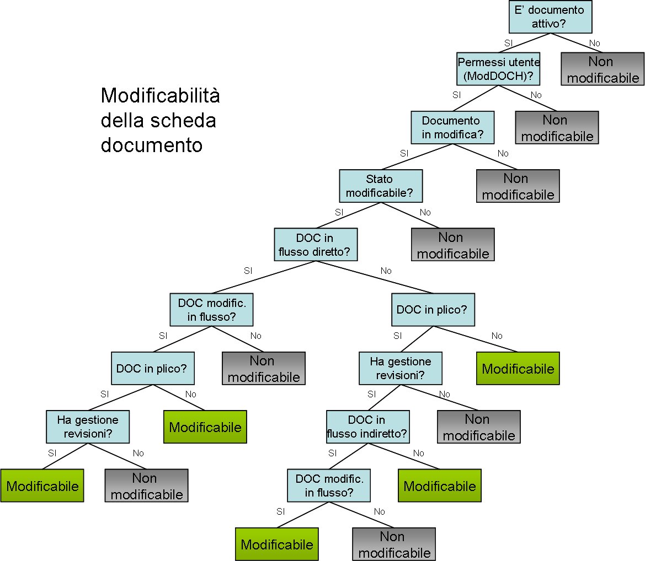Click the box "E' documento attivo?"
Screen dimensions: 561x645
pyautogui.click(x=550, y=17)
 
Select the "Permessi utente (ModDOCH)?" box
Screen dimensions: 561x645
pyautogui.click(x=498, y=69)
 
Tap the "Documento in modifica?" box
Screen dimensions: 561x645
pyautogui.click(x=452, y=127)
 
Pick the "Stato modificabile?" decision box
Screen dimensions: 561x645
pyautogui.click(x=380, y=186)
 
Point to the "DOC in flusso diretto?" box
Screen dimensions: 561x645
pyautogui.click(x=316, y=245)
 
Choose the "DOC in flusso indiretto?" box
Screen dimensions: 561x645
pyautogui.click(x=367, y=427)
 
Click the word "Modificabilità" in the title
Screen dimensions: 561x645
pyautogui.click(x=160, y=96)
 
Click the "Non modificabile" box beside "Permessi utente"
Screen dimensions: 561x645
pyautogui.click(x=557, y=128)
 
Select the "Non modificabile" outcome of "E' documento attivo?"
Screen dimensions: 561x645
pyautogui.click(x=603, y=69)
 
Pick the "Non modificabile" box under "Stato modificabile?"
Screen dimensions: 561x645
pyautogui.click(x=453, y=245)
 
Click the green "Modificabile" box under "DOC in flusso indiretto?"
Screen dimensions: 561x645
pyautogui.click(x=440, y=486)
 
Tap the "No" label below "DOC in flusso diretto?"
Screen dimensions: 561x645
pyautogui.click(x=386, y=271)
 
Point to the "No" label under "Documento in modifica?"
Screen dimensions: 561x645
pyautogui.click(x=503, y=153)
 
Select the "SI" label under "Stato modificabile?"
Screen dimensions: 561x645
pyautogui.click(x=339, y=212)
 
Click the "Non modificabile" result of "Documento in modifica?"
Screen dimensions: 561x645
pyautogui.click(x=518, y=186)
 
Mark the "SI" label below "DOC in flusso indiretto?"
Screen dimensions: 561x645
pyautogui.click(x=332, y=453)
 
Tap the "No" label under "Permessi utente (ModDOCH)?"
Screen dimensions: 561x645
pyautogui.click(x=536, y=95)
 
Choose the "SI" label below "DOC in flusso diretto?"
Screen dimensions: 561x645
pyautogui.click(x=248, y=271)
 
